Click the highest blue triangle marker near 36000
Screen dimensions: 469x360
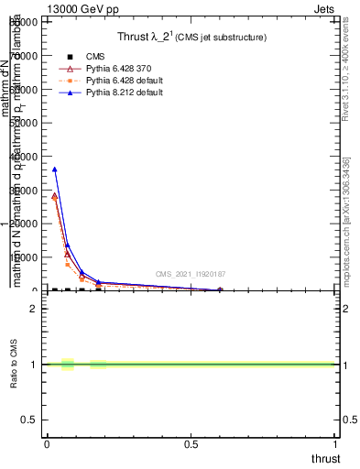(54, 169)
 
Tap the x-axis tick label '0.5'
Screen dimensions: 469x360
(191, 445)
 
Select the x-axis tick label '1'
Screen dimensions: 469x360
(337, 445)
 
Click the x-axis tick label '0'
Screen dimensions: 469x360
(46, 445)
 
